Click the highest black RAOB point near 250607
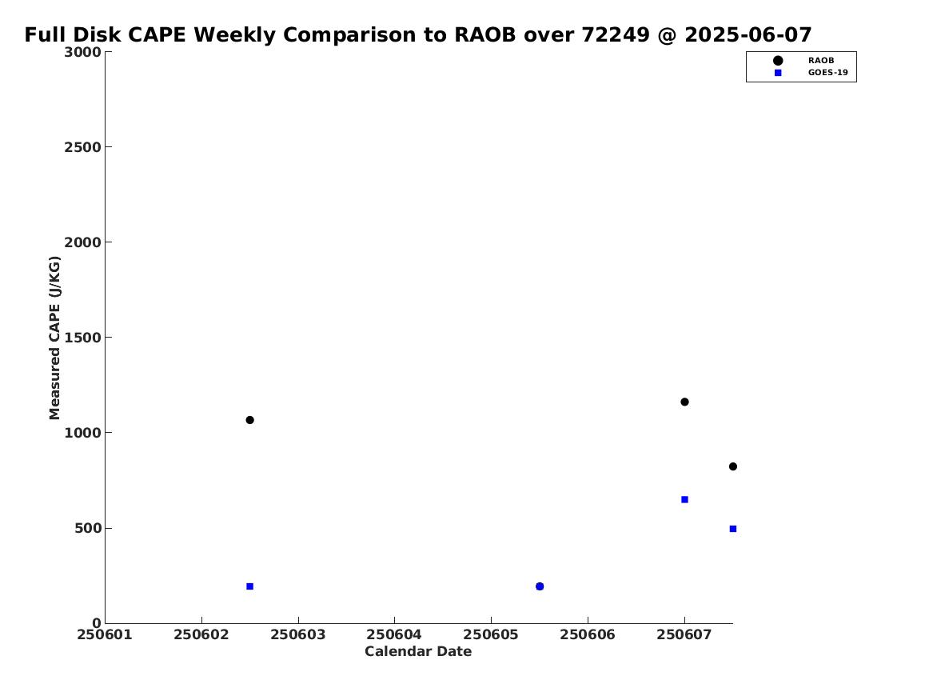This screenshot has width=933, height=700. pos(684,402)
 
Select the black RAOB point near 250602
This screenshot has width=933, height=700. pos(250,420)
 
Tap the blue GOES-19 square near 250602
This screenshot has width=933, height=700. pos(250,586)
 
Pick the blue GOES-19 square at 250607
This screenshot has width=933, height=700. pos(684,499)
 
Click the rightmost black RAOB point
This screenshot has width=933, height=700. pos(733,466)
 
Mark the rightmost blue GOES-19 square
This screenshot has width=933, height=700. pos(733,529)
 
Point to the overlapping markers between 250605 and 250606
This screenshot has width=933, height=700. pos(540,586)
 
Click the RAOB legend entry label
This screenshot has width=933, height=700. pos(821,60)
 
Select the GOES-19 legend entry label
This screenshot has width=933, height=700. pos(827,73)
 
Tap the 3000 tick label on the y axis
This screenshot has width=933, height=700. pos(82,52)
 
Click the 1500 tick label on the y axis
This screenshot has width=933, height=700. pos(82,338)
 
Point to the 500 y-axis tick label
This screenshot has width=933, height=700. pos(87,528)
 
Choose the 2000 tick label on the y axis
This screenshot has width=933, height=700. pos(82,242)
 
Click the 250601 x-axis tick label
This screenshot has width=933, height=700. pos(105,634)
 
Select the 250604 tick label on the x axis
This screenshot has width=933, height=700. pos(394,634)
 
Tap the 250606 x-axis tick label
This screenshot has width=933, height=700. pos(588,634)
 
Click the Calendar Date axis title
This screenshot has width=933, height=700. pos(418,651)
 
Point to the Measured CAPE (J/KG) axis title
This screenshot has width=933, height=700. pos(54,338)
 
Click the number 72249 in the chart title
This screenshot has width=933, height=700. pos(616,34)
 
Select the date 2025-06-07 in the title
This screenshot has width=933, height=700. pos(748,34)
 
